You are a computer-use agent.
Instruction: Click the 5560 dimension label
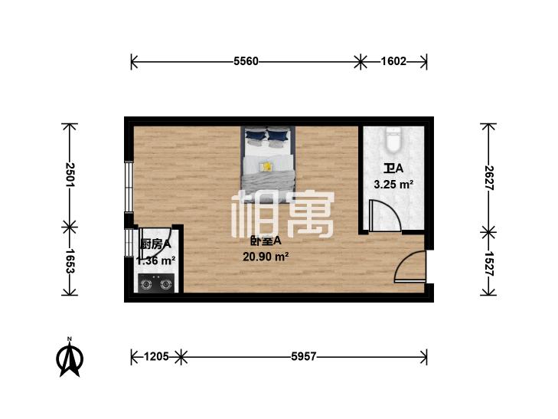click(x=246, y=61)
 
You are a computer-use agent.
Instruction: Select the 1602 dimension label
click(x=393, y=61)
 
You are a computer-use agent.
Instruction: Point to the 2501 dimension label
click(x=70, y=175)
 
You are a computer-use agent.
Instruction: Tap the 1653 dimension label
click(x=70, y=261)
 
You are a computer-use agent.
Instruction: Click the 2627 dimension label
click(x=488, y=178)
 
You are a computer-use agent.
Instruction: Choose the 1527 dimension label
click(x=488, y=264)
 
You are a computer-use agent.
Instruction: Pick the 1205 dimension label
click(x=156, y=356)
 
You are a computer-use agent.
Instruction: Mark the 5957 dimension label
click(x=304, y=356)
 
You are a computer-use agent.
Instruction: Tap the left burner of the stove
click(x=146, y=284)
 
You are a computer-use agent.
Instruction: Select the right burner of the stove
click(x=165, y=284)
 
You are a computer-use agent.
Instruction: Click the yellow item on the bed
click(x=266, y=166)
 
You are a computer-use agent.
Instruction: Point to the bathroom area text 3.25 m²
click(x=393, y=185)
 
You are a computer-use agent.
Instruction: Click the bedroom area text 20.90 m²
click(x=266, y=257)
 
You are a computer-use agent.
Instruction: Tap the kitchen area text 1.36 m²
click(x=156, y=260)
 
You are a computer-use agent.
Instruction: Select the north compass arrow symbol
click(x=70, y=358)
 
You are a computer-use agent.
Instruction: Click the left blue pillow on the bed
click(x=255, y=135)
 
